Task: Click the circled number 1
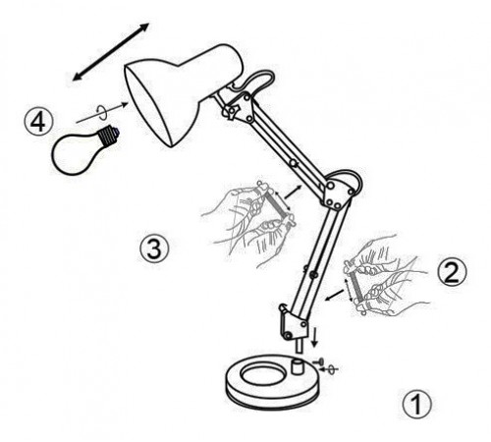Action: (416, 404)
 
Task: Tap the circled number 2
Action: (453, 272)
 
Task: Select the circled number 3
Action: (154, 249)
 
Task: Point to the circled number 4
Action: (38, 122)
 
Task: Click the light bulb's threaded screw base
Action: (108, 136)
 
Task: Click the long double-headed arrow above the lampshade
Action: (111, 52)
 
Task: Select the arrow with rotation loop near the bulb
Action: (102, 112)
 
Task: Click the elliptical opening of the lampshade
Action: (149, 106)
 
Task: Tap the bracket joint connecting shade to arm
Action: (239, 108)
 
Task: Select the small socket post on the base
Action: (298, 366)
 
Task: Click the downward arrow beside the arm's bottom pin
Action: (314, 336)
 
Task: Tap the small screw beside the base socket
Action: (318, 361)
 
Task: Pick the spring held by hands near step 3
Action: (276, 204)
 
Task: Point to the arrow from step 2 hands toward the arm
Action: (335, 295)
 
